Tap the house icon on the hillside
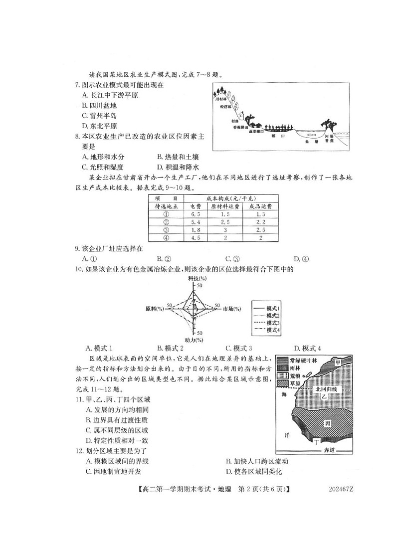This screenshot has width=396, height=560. pos(241,117)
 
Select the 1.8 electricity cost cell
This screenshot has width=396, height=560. pos(196,230)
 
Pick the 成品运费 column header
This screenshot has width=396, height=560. pos(260,205)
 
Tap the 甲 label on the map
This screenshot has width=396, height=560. pos(338,362)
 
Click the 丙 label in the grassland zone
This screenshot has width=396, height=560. pos(327,423)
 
